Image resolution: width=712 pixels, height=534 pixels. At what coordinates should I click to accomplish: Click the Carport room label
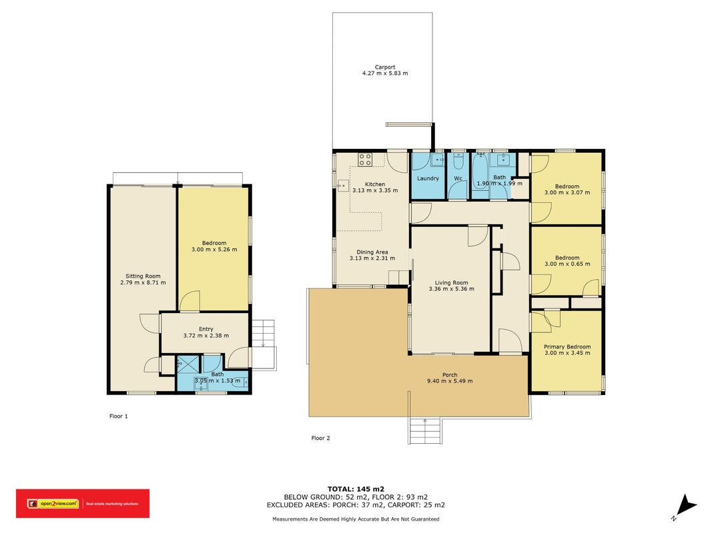click(x=384, y=67)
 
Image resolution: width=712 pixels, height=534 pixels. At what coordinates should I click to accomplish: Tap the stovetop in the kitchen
click(x=365, y=160)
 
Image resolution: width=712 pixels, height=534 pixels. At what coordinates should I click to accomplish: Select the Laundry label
click(x=428, y=178)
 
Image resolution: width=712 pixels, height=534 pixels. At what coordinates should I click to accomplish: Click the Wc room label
click(x=458, y=178)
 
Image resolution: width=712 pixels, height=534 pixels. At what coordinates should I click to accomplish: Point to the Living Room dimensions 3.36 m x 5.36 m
click(x=451, y=289)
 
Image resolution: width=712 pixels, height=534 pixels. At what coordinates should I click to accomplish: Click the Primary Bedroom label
click(x=567, y=346)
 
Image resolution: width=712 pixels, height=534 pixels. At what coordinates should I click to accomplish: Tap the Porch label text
click(x=450, y=374)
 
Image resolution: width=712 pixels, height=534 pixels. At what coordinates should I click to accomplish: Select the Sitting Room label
click(x=143, y=276)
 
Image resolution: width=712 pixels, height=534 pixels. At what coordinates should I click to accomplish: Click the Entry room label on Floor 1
click(x=206, y=329)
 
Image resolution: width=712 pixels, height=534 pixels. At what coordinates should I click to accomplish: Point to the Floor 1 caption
click(x=119, y=416)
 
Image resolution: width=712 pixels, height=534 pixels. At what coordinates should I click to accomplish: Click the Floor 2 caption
click(x=320, y=438)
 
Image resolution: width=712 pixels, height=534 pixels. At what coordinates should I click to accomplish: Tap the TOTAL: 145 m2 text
click(x=356, y=489)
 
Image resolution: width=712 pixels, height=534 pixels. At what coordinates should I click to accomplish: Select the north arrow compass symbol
click(x=684, y=507)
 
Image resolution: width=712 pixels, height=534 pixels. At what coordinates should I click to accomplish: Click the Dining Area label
click(x=372, y=252)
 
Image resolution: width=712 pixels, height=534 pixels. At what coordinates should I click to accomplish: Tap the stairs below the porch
click(x=425, y=431)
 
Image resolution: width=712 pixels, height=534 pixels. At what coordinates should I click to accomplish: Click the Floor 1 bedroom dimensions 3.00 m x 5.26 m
click(x=214, y=249)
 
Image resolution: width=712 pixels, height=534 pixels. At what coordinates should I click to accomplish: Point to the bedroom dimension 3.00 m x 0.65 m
click(x=567, y=264)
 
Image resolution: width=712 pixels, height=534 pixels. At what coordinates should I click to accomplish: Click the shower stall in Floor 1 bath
click(x=188, y=364)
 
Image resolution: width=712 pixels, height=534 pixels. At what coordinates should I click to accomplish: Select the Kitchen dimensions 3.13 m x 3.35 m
click(x=375, y=190)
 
